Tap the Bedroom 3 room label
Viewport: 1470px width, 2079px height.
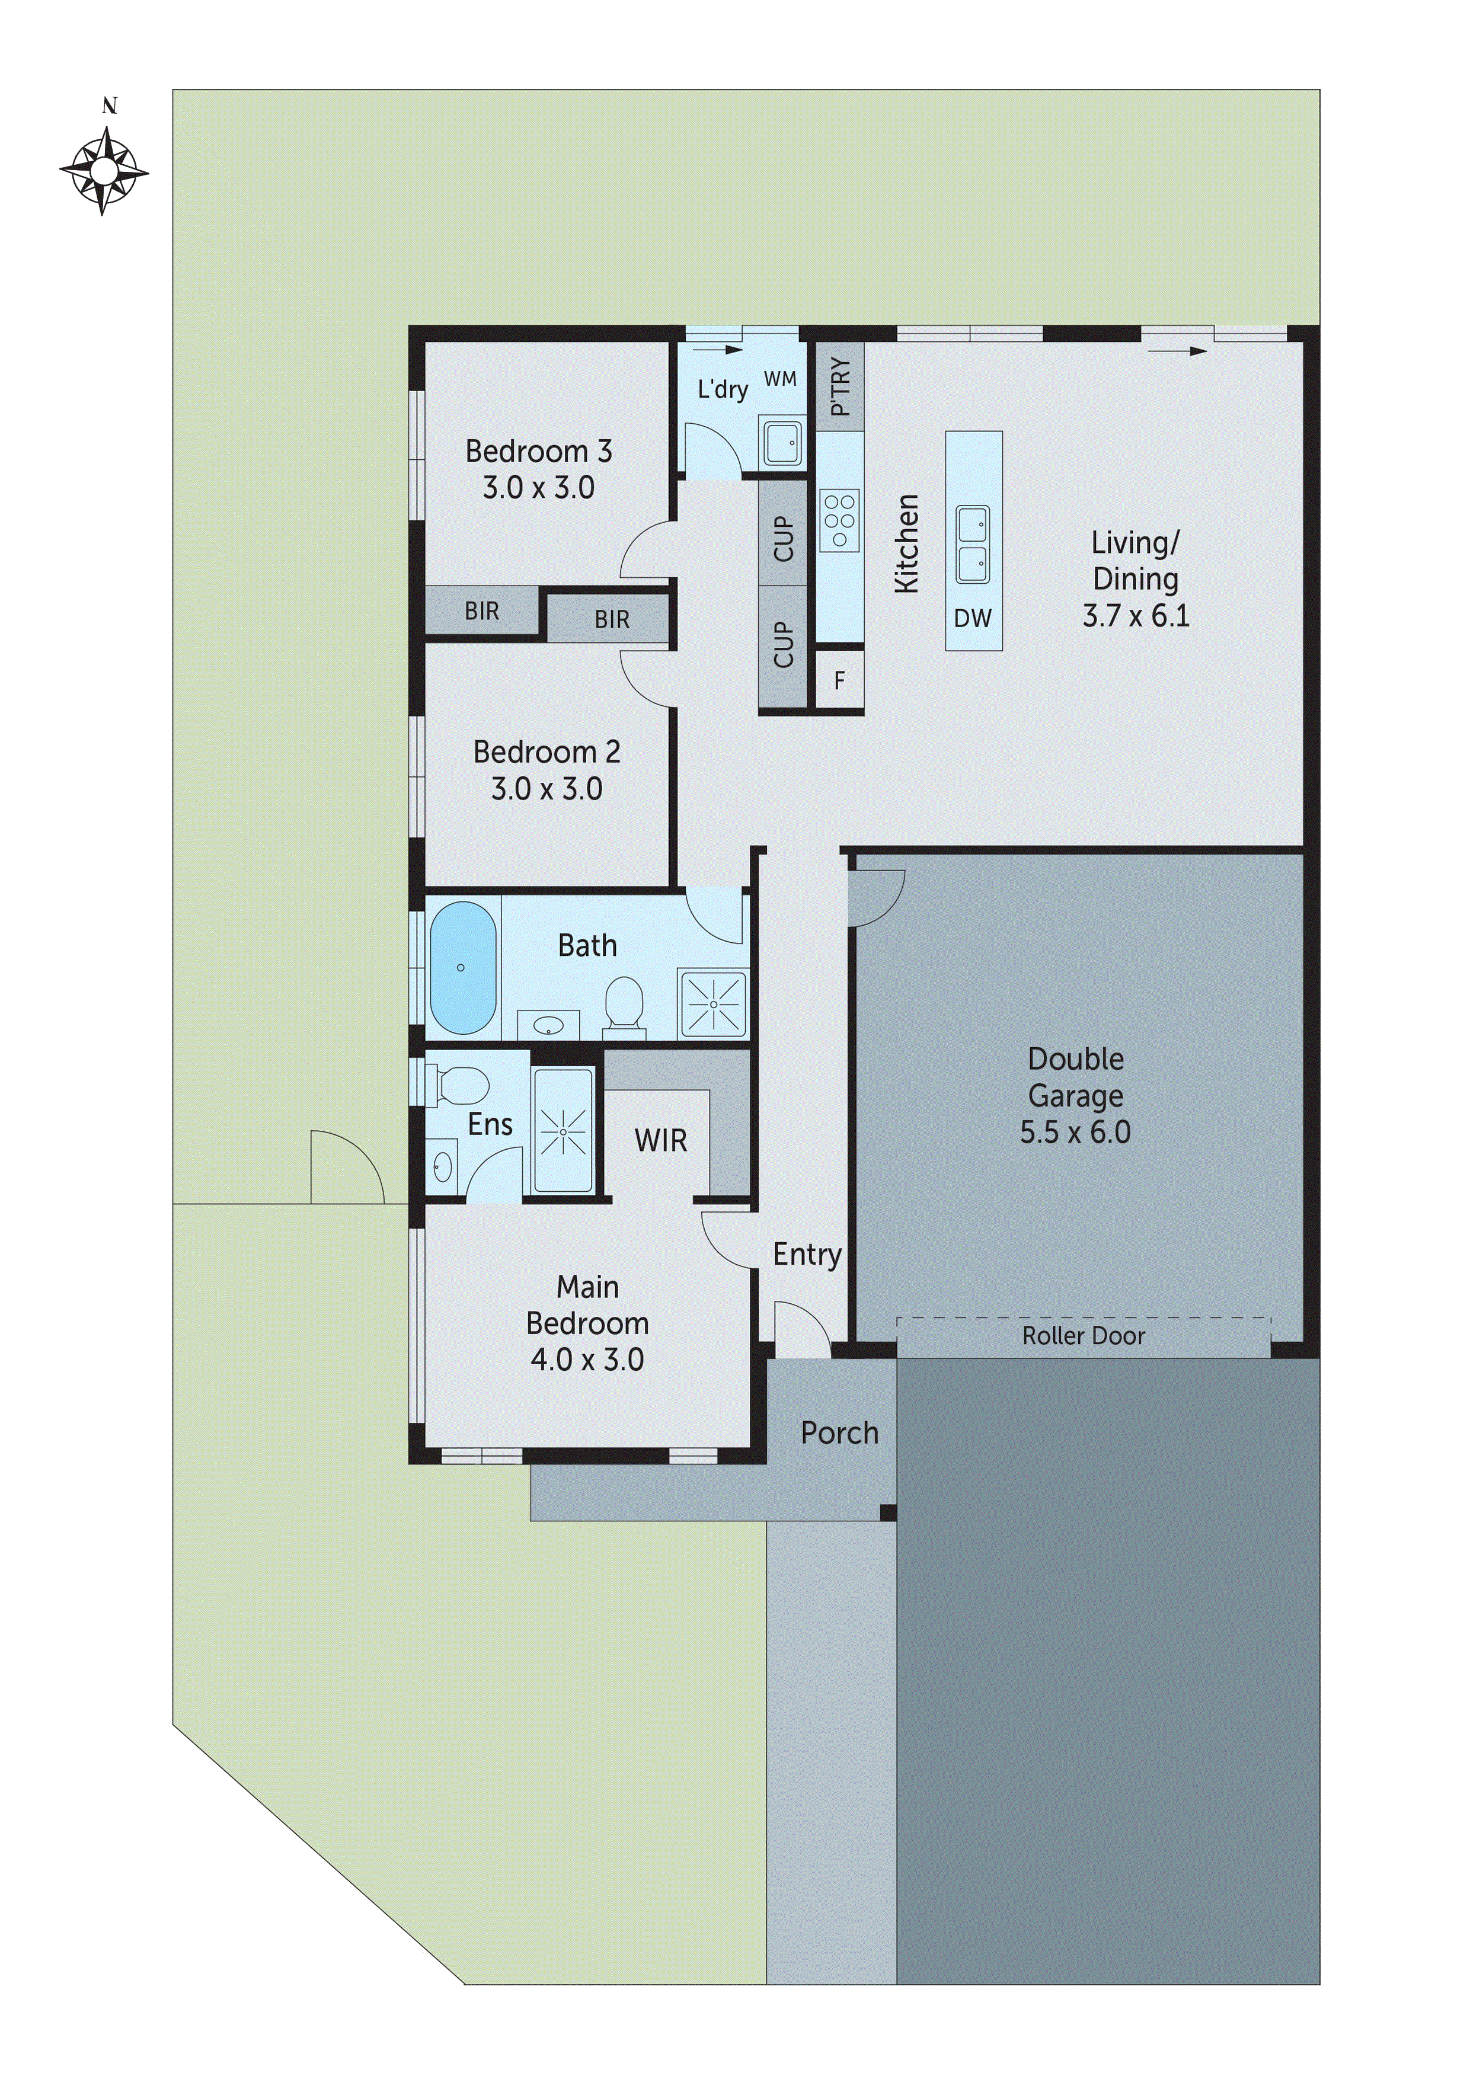click(x=538, y=451)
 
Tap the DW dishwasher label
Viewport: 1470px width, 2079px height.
click(x=973, y=619)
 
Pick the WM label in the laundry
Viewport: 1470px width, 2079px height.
click(x=780, y=379)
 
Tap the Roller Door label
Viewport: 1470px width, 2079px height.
click(x=1084, y=1336)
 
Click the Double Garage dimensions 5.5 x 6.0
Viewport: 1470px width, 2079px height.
click(x=1075, y=1132)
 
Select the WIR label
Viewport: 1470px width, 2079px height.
click(x=660, y=1141)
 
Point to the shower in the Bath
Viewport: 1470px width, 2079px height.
click(x=714, y=1004)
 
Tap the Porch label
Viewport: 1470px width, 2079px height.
click(x=839, y=1432)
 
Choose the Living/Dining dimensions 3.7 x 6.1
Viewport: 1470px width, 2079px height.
click(x=1136, y=616)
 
